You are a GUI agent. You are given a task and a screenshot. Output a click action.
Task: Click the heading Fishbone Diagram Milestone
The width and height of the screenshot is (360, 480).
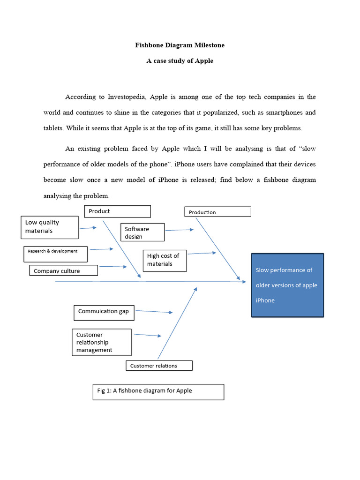(180, 45)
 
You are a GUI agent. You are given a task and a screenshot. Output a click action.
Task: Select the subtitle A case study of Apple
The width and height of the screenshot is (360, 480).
(180, 61)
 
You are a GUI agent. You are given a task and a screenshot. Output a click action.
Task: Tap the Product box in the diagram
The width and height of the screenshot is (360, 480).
(117, 211)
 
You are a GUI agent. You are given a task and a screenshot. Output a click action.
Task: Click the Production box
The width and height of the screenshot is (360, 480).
(217, 212)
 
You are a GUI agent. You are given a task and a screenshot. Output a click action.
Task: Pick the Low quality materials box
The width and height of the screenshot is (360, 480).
(50, 227)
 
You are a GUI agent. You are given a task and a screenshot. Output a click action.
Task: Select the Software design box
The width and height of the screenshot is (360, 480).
(142, 232)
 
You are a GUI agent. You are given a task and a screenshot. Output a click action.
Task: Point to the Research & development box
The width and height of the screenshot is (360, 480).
(56, 254)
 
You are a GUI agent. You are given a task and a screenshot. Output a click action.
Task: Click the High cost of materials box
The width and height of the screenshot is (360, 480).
(165, 260)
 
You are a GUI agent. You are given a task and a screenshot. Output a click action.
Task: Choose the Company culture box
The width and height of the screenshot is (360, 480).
(63, 270)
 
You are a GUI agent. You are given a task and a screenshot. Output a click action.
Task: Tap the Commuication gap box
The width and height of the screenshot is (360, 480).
(104, 312)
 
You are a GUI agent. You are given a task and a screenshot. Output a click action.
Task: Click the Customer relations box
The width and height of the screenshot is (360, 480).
(159, 366)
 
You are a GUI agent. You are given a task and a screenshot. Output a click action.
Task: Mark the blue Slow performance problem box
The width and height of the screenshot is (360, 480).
(287, 285)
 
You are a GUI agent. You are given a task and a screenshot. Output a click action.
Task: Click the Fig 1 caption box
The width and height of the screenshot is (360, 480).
(158, 391)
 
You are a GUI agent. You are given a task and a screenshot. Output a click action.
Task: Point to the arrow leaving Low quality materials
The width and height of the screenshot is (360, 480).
(88, 228)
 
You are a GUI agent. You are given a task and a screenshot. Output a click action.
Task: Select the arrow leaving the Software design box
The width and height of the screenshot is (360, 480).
(179, 230)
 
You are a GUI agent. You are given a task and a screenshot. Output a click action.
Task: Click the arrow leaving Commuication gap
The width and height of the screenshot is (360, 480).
(154, 311)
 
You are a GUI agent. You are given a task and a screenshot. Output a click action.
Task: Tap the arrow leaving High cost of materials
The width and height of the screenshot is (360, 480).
(202, 253)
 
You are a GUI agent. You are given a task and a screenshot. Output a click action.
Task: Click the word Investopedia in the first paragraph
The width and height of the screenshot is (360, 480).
(127, 97)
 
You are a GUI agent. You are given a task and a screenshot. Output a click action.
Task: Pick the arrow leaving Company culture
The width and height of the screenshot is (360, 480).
(113, 267)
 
